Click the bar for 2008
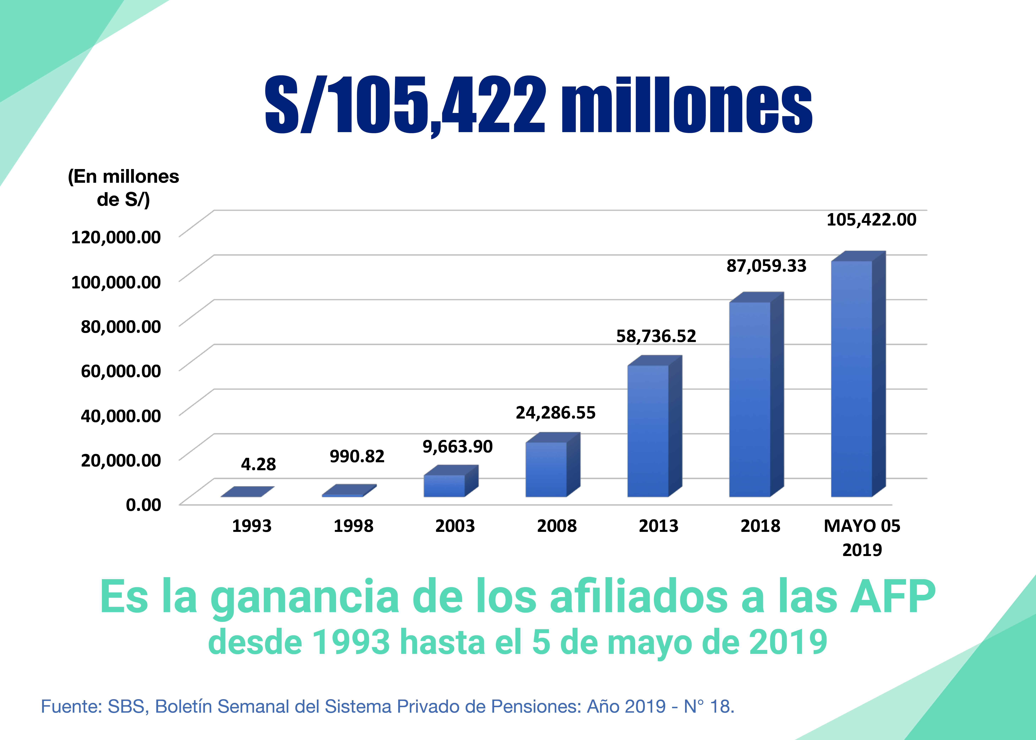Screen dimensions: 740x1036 coord(546,469)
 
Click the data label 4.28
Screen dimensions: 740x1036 coord(258,464)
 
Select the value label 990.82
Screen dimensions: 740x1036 coord(357,456)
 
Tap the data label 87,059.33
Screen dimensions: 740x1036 coord(766,266)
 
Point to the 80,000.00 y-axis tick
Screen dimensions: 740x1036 coord(121,326)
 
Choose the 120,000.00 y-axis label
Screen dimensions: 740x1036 coord(116,237)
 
